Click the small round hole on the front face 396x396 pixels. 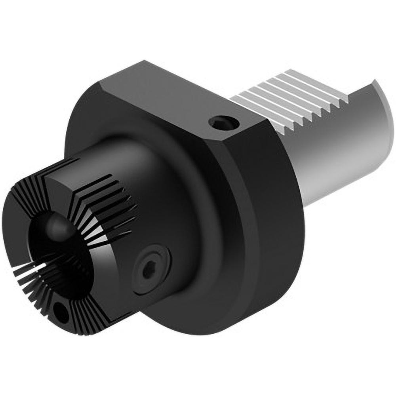(x=61, y=312)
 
